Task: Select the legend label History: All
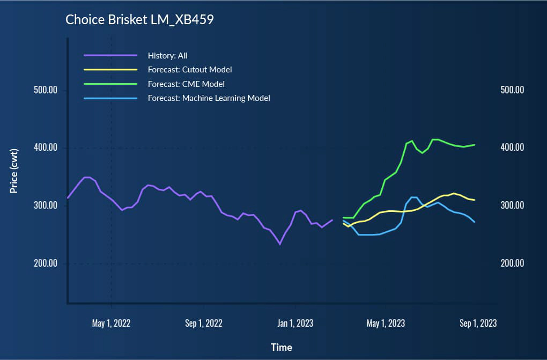click(x=167, y=55)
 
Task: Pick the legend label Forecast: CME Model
click(x=186, y=84)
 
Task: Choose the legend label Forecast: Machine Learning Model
click(x=209, y=98)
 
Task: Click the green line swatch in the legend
click(x=111, y=84)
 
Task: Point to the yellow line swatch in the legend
click(x=111, y=69)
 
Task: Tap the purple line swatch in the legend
click(x=111, y=55)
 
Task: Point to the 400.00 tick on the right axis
click(x=512, y=148)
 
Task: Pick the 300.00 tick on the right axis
click(x=512, y=205)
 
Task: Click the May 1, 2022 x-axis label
click(x=112, y=324)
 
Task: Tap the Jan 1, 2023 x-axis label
click(x=295, y=324)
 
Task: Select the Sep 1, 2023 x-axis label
click(x=477, y=324)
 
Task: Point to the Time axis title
click(x=282, y=347)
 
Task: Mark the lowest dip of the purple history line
click(x=279, y=244)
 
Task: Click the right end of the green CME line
click(x=475, y=145)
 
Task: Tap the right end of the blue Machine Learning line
click(x=475, y=222)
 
